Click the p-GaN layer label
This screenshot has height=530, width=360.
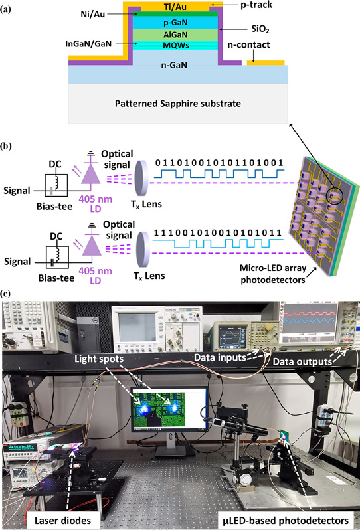(175, 23)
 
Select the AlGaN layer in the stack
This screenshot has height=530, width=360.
(175, 35)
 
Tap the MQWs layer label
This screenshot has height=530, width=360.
(176, 45)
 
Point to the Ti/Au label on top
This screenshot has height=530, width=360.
(175, 7)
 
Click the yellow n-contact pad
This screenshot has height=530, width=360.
(266, 63)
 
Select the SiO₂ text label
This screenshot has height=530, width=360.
(260, 29)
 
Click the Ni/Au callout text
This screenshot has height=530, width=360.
(92, 14)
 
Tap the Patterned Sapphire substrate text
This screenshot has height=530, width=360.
(178, 104)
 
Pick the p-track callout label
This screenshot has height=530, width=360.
(256, 5)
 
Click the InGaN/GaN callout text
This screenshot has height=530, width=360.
(88, 44)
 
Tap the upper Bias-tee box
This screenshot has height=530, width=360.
(56, 185)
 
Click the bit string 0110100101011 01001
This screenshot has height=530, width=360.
(219, 163)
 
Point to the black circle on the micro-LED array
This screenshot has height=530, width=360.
(335, 194)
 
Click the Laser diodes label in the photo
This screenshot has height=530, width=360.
(63, 520)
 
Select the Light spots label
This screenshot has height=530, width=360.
(99, 359)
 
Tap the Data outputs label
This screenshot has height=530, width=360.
(302, 362)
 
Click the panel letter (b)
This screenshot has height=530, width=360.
(6, 146)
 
